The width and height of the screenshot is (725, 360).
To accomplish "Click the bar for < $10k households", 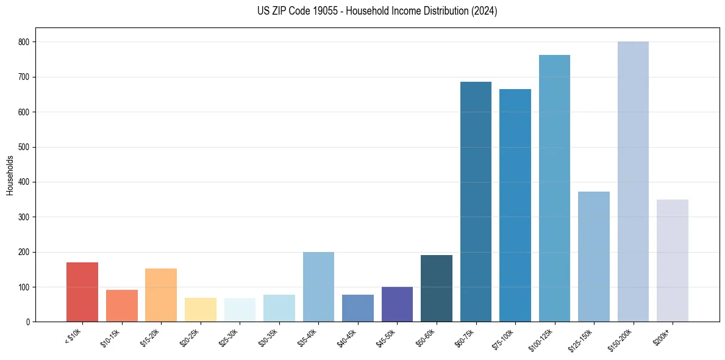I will coord(82,292).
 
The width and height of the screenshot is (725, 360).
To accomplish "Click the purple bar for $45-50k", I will coord(397,304).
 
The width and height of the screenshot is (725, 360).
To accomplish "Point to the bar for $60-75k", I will coord(476,201).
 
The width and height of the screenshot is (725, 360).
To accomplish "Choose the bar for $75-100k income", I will coord(515,205).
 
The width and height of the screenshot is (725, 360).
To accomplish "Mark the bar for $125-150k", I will coord(594,256).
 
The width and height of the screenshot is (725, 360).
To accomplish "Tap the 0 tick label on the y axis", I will coord(28,322).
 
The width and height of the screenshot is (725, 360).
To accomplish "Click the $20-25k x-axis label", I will coord(190,337).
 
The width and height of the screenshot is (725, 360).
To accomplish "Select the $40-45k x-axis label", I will coord(347,337).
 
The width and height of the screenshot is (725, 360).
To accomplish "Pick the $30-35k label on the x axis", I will coord(268,337).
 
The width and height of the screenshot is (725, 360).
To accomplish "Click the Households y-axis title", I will coord(10,175).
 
